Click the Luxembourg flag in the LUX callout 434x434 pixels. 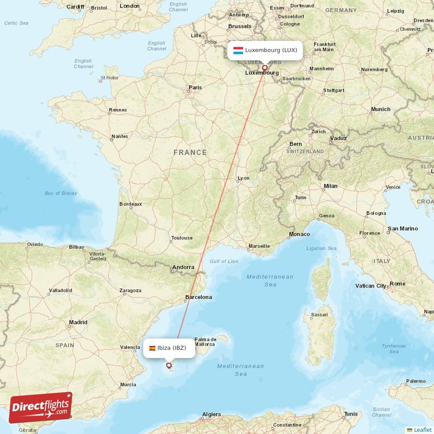pyautogui.click(x=238, y=50)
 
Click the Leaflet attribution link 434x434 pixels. pyautogui.click(x=422, y=430)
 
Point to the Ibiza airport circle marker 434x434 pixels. pyautogui.click(x=169, y=366)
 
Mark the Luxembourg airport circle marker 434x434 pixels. pyautogui.click(x=265, y=68)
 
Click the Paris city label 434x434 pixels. pyautogui.click(x=195, y=87)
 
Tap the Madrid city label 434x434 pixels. pyautogui.click(x=78, y=323)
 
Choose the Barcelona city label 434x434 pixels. pyautogui.click(x=199, y=297)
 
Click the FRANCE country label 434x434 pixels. pyautogui.click(x=190, y=152)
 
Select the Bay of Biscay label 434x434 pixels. pyautogui.click(x=61, y=193)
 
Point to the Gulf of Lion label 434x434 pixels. pyautogui.click(x=224, y=261)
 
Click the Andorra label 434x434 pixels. pyautogui.click(x=183, y=267)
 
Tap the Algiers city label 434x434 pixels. pyautogui.click(x=211, y=414)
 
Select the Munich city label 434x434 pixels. pyautogui.click(x=380, y=109)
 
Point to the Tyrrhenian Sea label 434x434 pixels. pyautogui.click(x=393, y=348)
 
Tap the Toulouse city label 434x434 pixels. pyautogui.click(x=181, y=238)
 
